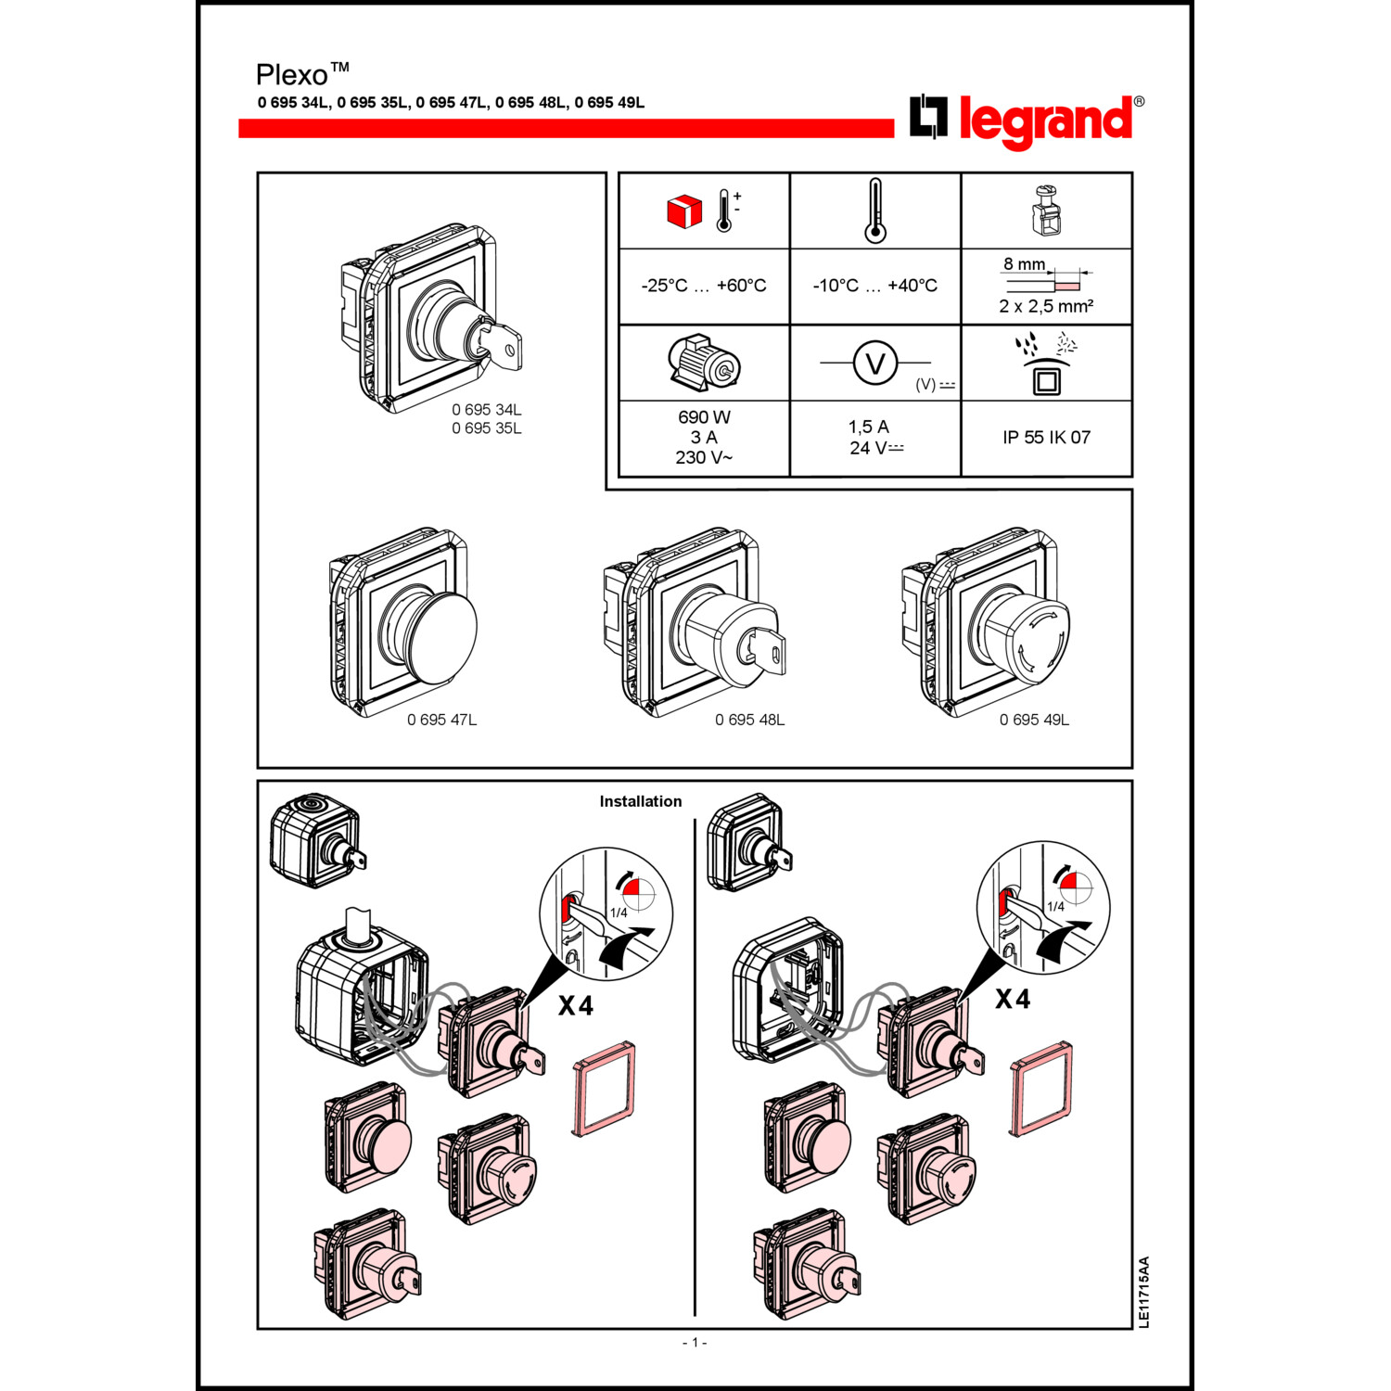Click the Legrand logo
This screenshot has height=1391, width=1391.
click(1026, 121)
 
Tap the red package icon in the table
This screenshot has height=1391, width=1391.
click(684, 211)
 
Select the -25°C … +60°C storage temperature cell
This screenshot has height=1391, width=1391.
click(704, 286)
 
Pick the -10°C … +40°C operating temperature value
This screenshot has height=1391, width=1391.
click(874, 286)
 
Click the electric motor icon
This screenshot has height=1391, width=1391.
click(704, 363)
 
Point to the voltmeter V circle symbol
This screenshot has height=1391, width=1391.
click(874, 363)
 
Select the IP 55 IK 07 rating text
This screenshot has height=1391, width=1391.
click(1046, 438)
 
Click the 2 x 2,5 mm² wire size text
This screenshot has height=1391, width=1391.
click(1046, 307)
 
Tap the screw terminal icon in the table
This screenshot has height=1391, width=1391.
click(1046, 211)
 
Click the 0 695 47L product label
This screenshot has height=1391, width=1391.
click(441, 720)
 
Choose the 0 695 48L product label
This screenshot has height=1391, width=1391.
click(749, 720)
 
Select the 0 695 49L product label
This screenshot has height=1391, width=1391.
click(1034, 720)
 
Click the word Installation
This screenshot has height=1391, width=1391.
click(640, 801)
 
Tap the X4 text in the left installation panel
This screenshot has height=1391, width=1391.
click(575, 1005)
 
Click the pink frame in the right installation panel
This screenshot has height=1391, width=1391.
click(1041, 1089)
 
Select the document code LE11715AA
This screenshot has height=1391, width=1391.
click(1143, 1292)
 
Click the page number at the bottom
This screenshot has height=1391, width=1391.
click(695, 1342)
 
